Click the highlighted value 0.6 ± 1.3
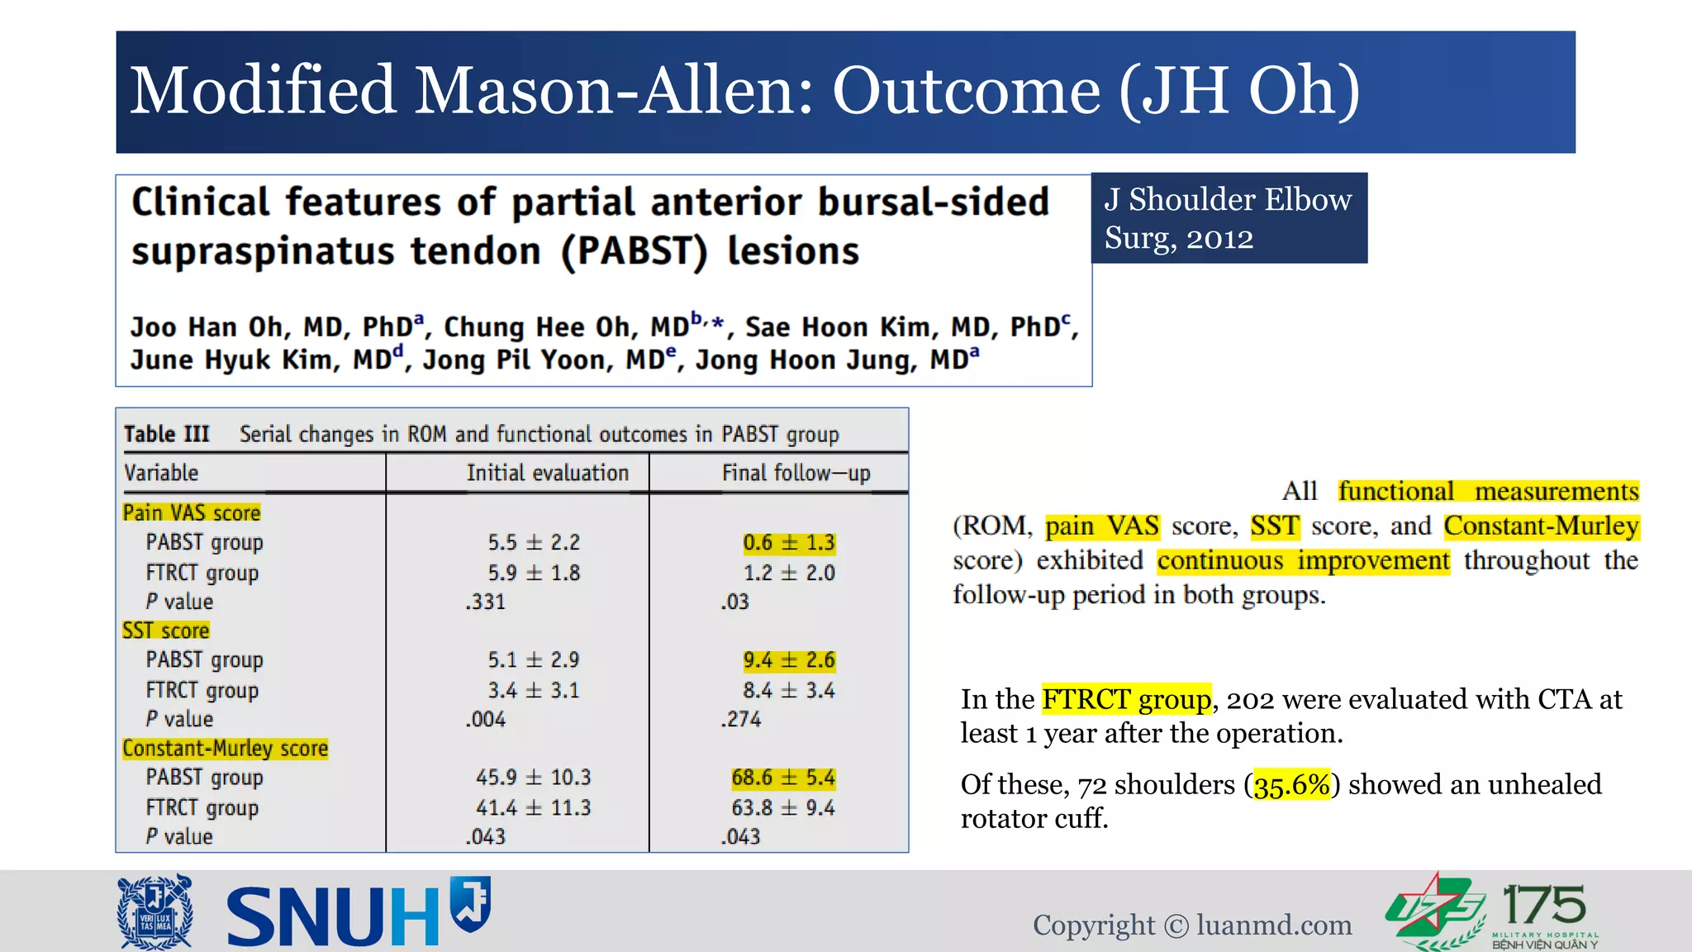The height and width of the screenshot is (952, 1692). point(789,543)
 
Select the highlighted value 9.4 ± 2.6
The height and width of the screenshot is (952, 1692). point(789,660)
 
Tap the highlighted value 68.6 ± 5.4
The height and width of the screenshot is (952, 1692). point(783,778)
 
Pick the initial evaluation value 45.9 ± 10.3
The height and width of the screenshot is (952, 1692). point(534,778)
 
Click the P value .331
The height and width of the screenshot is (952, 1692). point(486,602)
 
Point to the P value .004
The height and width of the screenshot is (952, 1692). point(486,719)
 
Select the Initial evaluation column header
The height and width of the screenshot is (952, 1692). point(547,473)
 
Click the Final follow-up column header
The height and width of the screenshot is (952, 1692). point(796,473)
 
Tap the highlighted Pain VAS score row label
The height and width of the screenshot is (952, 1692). point(192,512)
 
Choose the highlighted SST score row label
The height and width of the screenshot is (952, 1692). point(166,631)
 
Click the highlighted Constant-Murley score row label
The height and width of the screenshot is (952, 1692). point(226,748)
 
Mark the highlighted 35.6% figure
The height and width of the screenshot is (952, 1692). point(1291,784)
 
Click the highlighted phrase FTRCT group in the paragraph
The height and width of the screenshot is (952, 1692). point(1126,699)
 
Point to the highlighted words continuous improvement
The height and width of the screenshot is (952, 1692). point(1303,560)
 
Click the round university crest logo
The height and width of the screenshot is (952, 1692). point(154,912)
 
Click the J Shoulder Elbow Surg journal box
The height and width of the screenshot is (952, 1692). point(1229,218)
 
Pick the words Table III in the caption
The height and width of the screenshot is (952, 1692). point(167,434)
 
